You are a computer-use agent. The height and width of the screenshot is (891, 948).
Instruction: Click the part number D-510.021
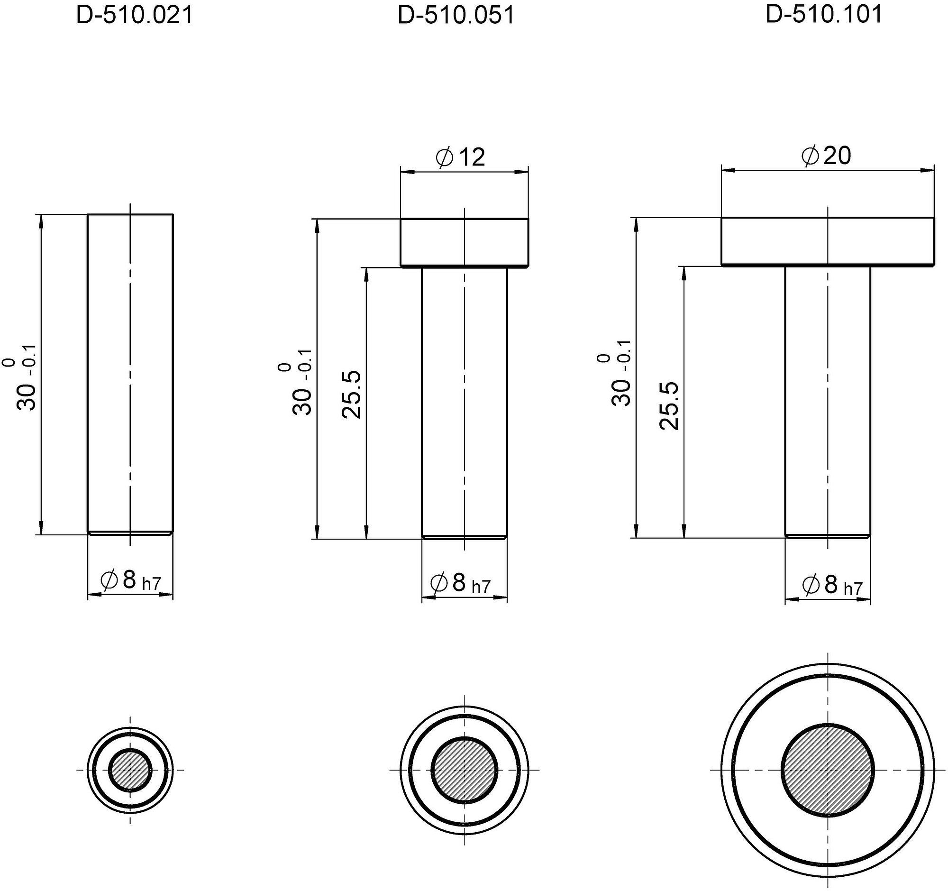click(x=135, y=15)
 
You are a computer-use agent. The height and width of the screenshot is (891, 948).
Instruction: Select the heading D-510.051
click(x=456, y=15)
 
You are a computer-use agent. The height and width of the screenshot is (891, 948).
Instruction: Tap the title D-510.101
click(x=824, y=14)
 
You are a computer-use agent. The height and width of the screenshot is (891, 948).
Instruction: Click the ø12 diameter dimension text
click(x=461, y=157)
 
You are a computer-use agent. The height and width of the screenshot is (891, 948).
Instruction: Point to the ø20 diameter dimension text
click(x=826, y=156)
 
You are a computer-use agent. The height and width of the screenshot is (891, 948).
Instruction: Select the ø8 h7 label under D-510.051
click(x=460, y=583)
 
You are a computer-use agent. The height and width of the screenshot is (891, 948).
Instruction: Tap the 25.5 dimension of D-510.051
click(x=352, y=395)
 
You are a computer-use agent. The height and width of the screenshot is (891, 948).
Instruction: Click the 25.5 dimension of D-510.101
click(x=669, y=406)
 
